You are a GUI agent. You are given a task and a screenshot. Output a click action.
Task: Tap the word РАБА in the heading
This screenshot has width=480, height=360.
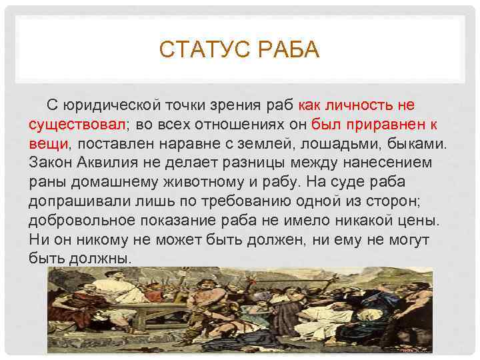(x=287, y=50)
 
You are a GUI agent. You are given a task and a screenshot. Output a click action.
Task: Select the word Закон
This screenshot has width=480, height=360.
(x=51, y=163)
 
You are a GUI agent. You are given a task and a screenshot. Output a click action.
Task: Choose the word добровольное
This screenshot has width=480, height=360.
(x=80, y=220)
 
